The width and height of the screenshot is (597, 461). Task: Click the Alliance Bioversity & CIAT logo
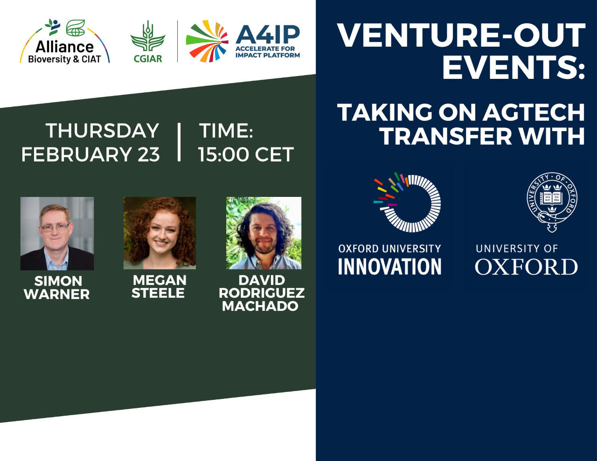[65, 42]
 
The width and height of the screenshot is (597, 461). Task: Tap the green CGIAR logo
[148, 42]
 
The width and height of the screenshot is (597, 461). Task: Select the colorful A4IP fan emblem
[207, 41]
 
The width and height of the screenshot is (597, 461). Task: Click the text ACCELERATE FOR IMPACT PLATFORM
[268, 52]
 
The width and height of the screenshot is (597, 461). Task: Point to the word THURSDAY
[102, 131]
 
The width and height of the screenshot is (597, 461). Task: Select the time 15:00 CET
[246, 154]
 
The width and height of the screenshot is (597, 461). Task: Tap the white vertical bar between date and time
[179, 142]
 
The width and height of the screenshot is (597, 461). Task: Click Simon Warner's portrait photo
[57, 233]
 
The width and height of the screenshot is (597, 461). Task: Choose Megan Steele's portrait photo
[160, 233]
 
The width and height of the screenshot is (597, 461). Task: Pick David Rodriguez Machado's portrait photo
[264, 233]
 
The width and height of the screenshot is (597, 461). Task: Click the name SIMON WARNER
[57, 287]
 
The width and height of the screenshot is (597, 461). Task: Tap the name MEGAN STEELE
[159, 286]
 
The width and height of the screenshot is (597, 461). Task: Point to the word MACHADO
[260, 306]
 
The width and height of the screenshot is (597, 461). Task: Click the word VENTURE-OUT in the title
[462, 35]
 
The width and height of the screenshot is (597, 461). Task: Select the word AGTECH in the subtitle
[534, 112]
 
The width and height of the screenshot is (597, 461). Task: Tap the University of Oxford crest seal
[552, 202]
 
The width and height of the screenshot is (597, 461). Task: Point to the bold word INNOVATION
[389, 266]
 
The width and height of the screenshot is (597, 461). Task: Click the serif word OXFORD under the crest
[527, 266]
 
